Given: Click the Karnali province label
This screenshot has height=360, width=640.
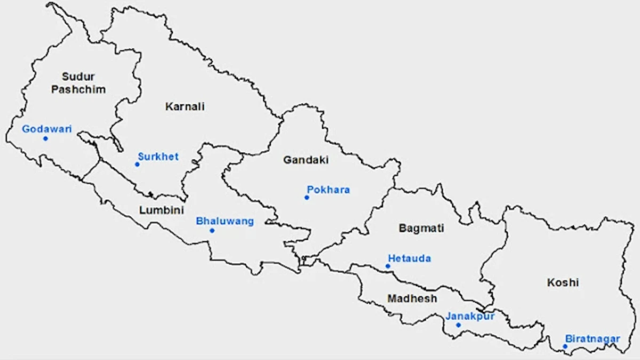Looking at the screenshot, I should pos(185,107).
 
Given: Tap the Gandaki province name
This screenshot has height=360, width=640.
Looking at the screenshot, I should pos(306,159).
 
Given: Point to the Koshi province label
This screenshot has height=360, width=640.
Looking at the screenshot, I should pos(563,283).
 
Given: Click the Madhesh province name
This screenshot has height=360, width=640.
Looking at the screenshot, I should pos(412,299).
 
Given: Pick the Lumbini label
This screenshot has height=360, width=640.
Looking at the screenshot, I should pos(162,210).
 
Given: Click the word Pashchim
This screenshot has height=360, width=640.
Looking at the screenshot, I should pos(78,90).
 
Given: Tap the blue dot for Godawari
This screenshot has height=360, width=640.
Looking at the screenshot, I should pos(45,139).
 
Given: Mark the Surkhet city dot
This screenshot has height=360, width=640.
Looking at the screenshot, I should pos(137,164).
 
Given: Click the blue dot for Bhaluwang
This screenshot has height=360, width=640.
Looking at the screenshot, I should pos(212,230).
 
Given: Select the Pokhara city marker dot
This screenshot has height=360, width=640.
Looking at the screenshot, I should pos(307,197).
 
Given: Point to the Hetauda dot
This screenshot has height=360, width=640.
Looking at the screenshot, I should pos(388,266).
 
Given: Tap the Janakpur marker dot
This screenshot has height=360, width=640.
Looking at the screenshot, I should pos(458,325).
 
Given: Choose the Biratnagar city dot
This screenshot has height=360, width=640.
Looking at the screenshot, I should pos(565,347).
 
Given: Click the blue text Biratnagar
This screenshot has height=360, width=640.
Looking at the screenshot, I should pos(593,339).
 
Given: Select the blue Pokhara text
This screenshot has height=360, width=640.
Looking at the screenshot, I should pos(329,189).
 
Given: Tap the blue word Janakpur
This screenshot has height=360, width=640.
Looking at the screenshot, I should pos(470,316).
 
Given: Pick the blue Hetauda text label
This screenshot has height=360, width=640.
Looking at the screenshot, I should pos(410,259).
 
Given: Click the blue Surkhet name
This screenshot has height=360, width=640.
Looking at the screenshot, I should pos(158,156).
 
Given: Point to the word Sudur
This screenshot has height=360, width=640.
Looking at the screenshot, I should pos(78,77).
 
